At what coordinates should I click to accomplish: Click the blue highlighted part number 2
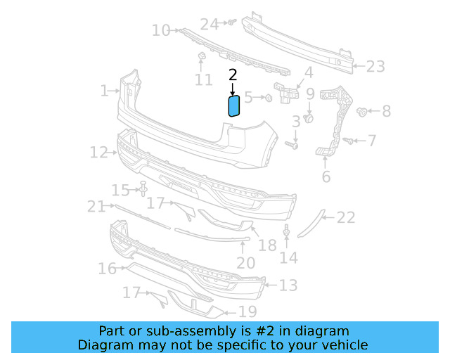(x=234, y=105)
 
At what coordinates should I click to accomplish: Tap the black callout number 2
(x=233, y=74)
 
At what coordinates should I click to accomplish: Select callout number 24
(x=210, y=24)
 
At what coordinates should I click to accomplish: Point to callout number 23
(x=375, y=67)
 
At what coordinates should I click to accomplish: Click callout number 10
(x=161, y=30)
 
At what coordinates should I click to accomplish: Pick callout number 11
(x=204, y=80)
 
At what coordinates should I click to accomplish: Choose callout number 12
(x=98, y=151)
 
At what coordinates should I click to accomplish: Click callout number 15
(x=121, y=190)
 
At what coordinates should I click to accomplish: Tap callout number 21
(x=96, y=206)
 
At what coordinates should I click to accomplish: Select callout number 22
(x=346, y=218)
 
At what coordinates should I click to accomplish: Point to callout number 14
(x=288, y=258)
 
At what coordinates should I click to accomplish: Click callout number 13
(x=288, y=285)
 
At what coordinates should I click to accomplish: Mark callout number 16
(x=107, y=269)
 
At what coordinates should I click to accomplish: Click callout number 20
(x=245, y=263)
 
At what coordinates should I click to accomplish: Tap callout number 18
(x=267, y=245)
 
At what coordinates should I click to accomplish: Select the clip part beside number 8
(x=364, y=111)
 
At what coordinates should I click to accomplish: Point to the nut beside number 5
(x=268, y=98)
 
